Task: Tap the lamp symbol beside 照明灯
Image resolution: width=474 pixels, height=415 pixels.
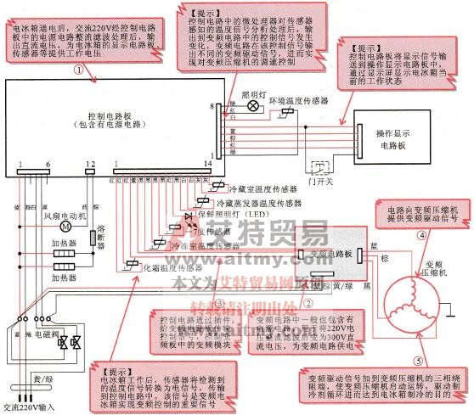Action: (251, 106)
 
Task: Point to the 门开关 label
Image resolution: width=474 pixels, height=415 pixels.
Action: (320, 182)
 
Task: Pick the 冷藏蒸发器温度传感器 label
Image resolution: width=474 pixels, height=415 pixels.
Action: (259, 205)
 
